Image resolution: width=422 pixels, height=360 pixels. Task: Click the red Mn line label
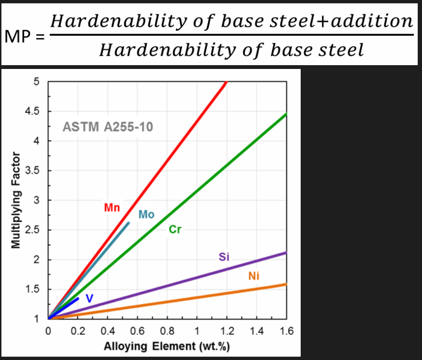coord(112,208)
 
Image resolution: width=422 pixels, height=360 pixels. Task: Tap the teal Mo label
coord(147,214)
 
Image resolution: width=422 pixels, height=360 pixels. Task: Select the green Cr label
coord(175,230)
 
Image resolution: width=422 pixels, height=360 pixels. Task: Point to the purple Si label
coord(224,257)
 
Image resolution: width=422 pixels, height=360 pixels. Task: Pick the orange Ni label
coord(254,276)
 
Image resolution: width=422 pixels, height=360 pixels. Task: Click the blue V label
coord(89,298)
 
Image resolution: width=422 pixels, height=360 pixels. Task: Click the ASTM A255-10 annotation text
coord(108,127)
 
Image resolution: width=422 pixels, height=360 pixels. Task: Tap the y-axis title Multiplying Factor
coord(16,200)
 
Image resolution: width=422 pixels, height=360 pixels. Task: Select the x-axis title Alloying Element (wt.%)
coord(167,346)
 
